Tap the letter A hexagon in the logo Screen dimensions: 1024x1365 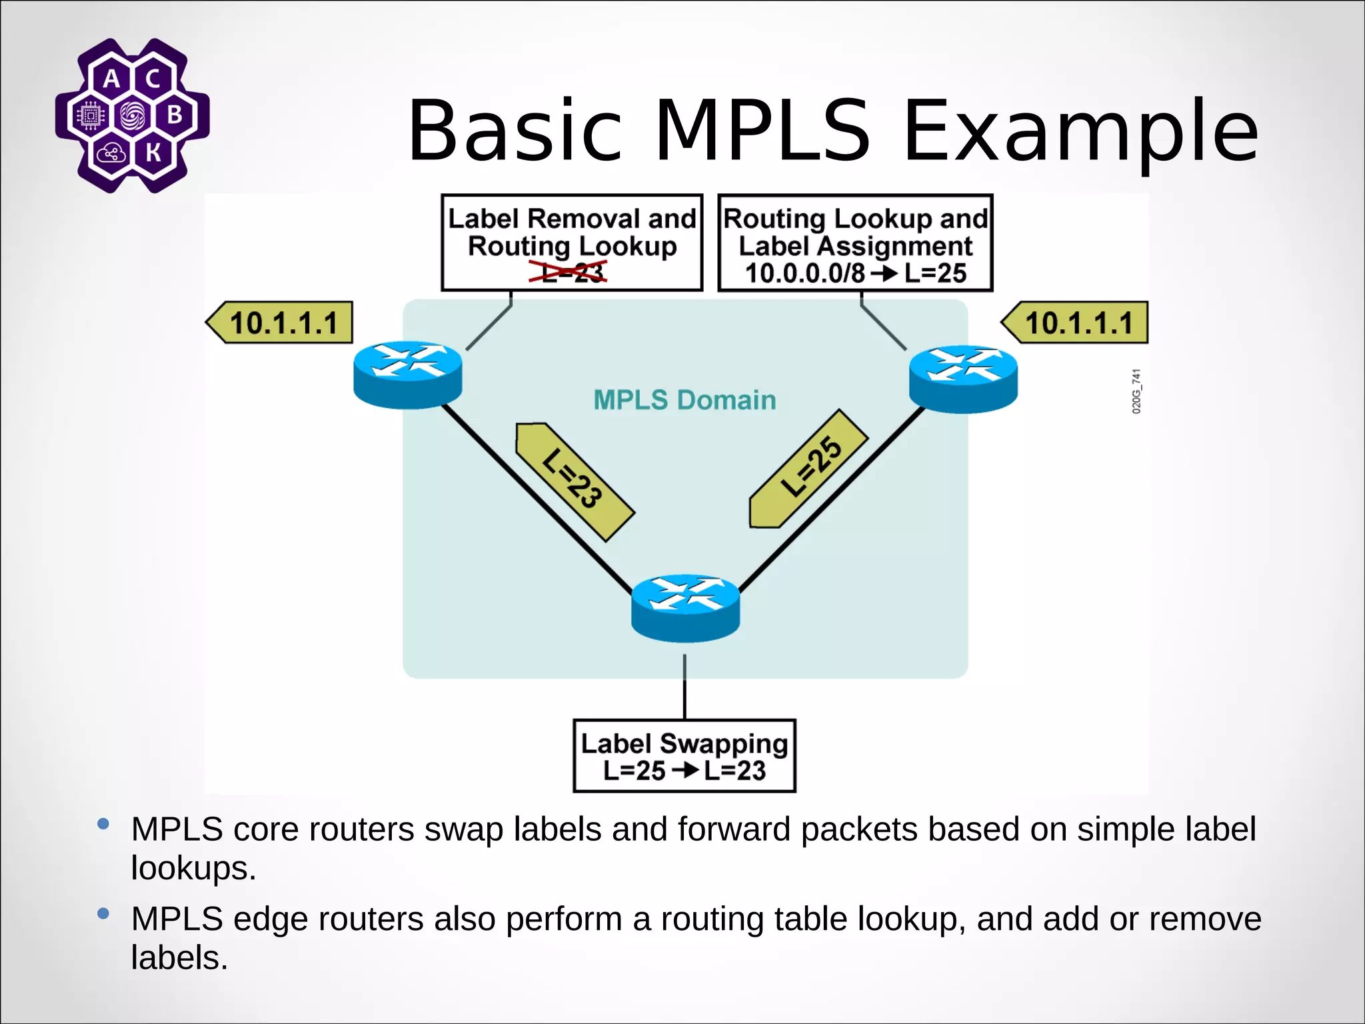[x=112, y=79]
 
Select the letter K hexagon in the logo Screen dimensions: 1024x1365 [x=153, y=153]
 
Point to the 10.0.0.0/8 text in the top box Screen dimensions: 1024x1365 [x=804, y=273]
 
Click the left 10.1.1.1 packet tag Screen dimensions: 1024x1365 [x=280, y=323]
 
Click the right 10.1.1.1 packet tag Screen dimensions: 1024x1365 [x=1075, y=323]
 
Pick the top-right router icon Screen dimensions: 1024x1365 [x=963, y=378]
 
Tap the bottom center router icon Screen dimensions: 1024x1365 [x=685, y=607]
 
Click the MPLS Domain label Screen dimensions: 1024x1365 [x=684, y=400]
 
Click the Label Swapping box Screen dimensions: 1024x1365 [x=684, y=755]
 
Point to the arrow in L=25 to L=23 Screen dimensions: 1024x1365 [x=684, y=771]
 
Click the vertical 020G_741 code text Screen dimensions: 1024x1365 [x=1136, y=391]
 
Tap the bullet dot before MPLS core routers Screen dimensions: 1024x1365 [x=103, y=824]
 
